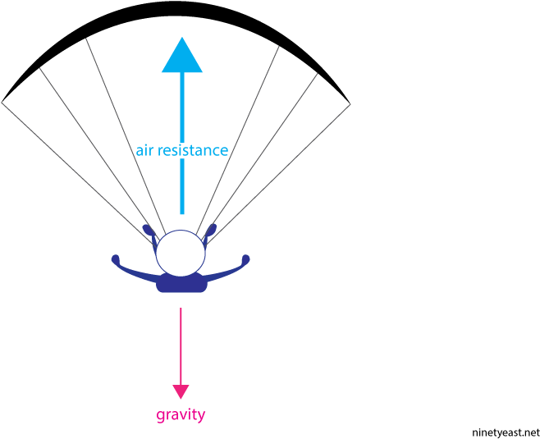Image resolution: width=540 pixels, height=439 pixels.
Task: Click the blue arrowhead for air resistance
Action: tap(182, 57)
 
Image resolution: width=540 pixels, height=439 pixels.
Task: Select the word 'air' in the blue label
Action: tap(144, 151)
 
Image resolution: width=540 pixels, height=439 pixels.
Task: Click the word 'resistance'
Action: tap(192, 151)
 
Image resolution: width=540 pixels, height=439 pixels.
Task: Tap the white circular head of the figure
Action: tap(181, 254)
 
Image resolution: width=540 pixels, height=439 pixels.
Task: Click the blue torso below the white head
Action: tap(181, 284)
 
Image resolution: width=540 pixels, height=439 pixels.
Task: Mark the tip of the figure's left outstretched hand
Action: tap(116, 259)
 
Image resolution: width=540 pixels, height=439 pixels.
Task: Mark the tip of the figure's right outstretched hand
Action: tap(245, 259)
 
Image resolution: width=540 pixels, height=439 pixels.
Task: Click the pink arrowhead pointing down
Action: tap(181, 391)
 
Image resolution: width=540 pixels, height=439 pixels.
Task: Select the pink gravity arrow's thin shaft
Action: tap(181, 345)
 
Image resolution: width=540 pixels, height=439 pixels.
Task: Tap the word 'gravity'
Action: tap(181, 415)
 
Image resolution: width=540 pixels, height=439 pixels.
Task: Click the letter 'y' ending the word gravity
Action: tap(202, 416)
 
